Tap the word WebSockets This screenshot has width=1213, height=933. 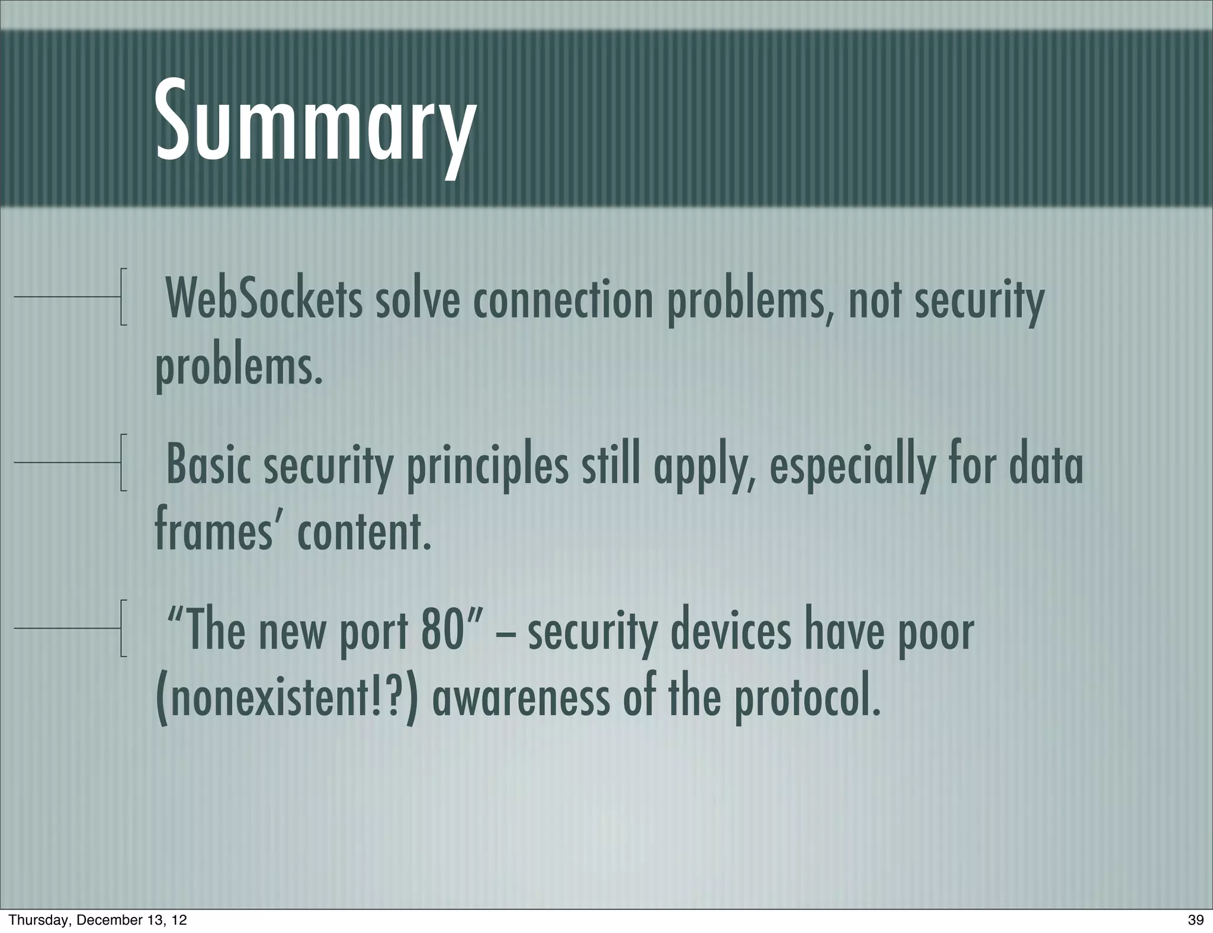tap(264, 300)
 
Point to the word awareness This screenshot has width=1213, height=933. tap(521, 699)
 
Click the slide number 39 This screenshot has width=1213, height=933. tap(1195, 919)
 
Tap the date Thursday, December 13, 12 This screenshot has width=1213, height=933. tap(98, 919)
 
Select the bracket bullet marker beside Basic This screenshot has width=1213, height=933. tap(123, 462)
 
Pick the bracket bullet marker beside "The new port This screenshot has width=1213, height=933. tap(123, 628)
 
